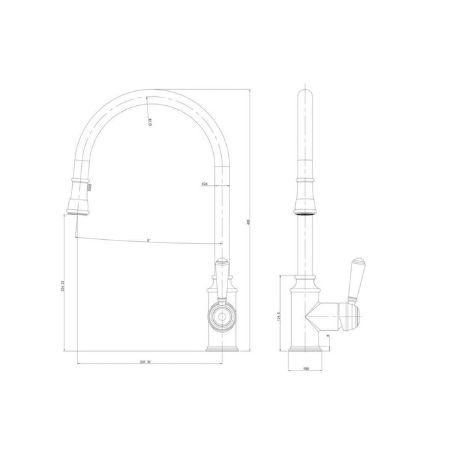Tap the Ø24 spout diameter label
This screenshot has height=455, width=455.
pyautogui.click(x=205, y=185)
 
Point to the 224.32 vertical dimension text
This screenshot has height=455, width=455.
pyautogui.click(x=62, y=286)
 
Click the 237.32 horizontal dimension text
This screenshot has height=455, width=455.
pyautogui.click(x=147, y=361)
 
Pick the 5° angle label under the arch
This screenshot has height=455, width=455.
pyautogui.click(x=149, y=240)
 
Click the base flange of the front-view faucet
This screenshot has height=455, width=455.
pyautogui.click(x=222, y=349)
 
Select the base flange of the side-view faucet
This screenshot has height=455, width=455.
pyautogui.click(x=304, y=349)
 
